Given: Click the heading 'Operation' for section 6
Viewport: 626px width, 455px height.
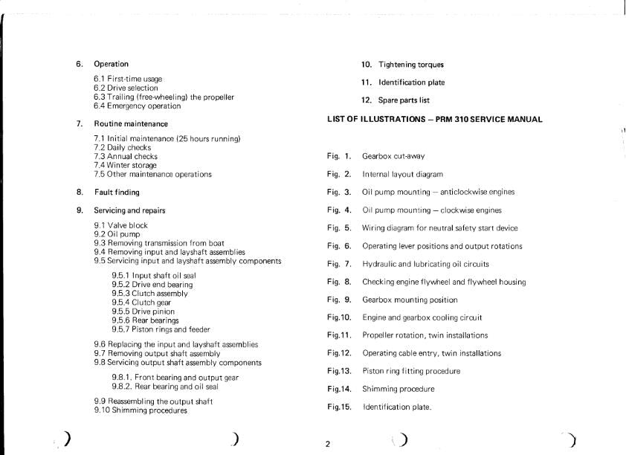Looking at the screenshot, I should click(111, 64).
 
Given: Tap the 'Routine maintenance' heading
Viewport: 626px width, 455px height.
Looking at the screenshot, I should click(131, 123).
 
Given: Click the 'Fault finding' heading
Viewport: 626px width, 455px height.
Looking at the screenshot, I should click(117, 193).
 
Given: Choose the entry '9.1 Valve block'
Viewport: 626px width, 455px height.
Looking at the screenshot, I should click(120, 225).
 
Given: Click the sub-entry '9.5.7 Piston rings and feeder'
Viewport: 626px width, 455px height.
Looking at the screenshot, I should click(161, 329).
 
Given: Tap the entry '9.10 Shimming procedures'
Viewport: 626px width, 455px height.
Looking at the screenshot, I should click(141, 410).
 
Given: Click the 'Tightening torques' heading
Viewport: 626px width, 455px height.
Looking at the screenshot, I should click(411, 65).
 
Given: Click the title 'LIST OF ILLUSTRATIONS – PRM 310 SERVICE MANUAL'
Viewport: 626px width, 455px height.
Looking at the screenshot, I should click(434, 119).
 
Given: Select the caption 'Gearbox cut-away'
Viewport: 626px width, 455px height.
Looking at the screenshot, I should click(393, 156).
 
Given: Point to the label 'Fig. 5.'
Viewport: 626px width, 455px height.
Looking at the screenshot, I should click(338, 228).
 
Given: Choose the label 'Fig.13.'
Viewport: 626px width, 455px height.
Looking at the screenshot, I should click(338, 371).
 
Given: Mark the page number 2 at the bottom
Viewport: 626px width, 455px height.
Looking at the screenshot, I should click(328, 445).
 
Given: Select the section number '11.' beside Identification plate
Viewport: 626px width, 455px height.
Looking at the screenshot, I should click(366, 83).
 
